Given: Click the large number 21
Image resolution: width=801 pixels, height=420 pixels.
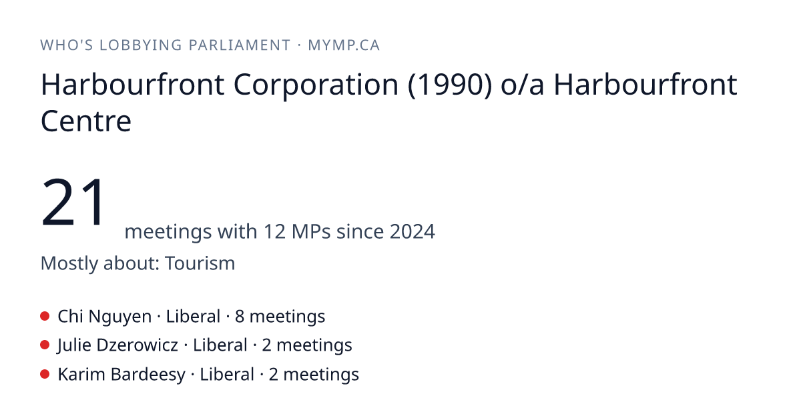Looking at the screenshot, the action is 73,202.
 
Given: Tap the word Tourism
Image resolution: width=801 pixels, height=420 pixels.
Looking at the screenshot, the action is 200,263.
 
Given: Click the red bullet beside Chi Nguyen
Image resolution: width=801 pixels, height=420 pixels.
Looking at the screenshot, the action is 45,316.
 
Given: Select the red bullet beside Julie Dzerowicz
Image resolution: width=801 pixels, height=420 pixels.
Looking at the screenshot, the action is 45,345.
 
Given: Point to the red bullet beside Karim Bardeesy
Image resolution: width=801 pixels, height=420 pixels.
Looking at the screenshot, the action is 45,374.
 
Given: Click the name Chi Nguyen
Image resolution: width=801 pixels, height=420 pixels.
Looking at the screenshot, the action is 104,317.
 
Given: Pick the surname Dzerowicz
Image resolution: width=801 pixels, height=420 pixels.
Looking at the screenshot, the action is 137,345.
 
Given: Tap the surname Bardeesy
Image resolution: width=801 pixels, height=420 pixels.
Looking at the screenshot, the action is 148,375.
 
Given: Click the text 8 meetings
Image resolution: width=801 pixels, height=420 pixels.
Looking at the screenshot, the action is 280,317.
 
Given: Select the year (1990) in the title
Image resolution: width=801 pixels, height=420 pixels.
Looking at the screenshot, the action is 450,85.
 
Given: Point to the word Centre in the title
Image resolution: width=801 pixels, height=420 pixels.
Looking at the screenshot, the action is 86,121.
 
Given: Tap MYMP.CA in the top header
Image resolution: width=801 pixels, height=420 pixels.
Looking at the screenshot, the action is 344,45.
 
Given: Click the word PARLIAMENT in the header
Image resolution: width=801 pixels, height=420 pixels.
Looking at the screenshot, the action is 240,45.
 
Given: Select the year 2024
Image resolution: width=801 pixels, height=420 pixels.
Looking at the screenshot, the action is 413,231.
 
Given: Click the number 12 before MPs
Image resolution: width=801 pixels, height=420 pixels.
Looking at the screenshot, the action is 274,231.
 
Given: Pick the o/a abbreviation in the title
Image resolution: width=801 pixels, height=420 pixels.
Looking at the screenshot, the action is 523,85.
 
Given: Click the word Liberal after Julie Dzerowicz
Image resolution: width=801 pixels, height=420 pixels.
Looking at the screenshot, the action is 220,345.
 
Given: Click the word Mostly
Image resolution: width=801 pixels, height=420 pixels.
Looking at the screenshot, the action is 69,264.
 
